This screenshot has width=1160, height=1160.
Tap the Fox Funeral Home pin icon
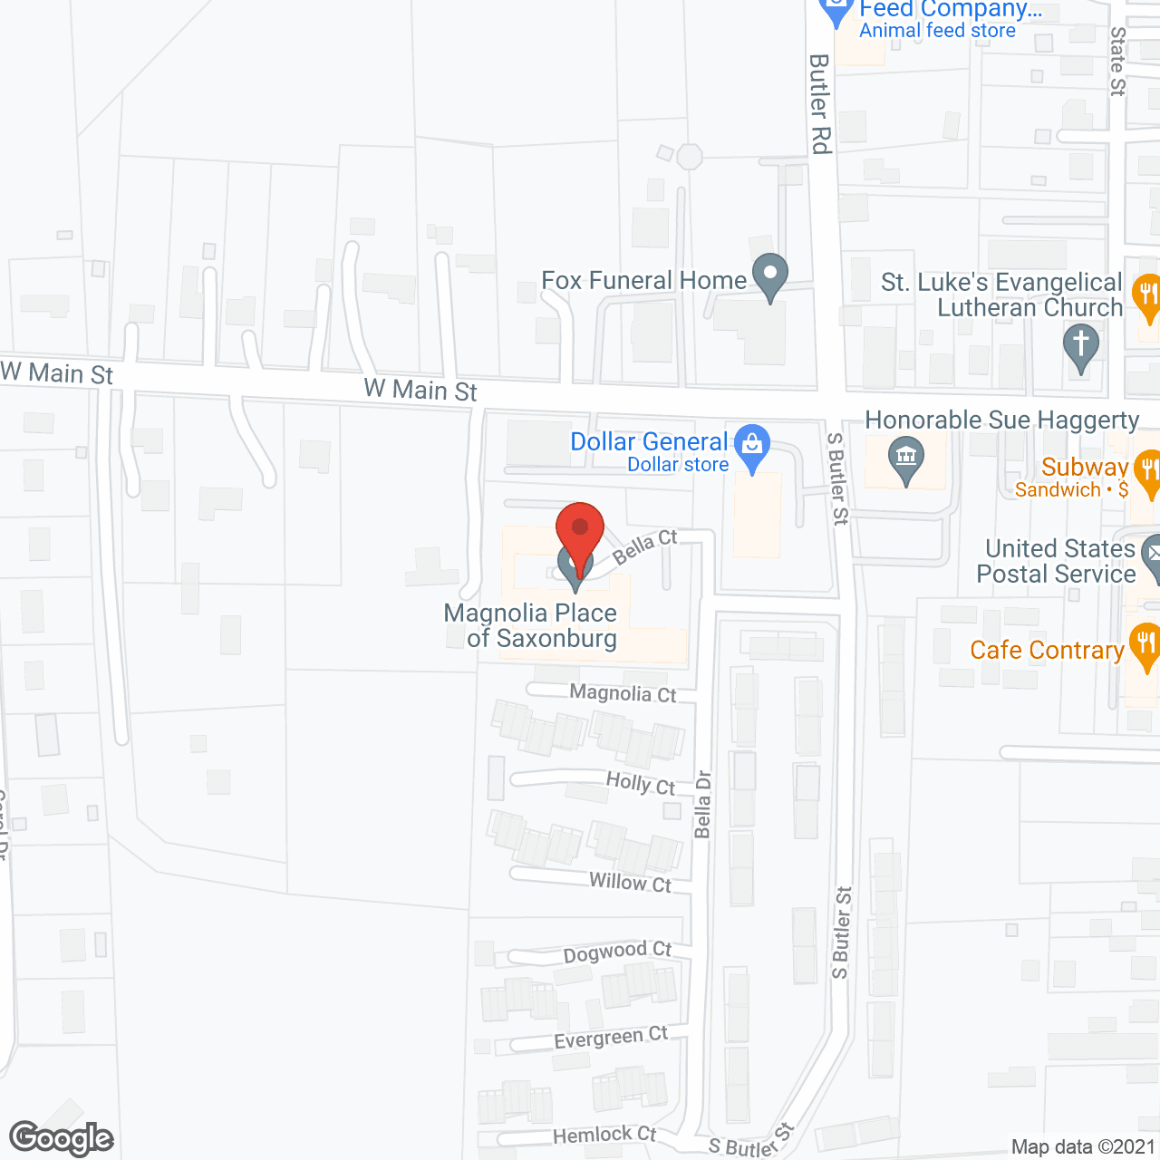(x=770, y=275)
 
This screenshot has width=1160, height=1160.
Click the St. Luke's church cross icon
(x=1080, y=346)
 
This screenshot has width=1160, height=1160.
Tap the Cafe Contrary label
(x=1047, y=651)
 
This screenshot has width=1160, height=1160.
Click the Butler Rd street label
(x=820, y=103)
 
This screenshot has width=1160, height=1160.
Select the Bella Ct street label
(x=645, y=547)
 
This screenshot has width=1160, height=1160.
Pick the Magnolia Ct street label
(x=623, y=693)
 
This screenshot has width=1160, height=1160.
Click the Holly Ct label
(x=641, y=784)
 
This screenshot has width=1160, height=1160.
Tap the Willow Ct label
(x=630, y=882)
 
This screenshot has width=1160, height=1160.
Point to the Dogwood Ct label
(x=617, y=952)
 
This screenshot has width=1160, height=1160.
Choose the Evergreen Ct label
(x=611, y=1038)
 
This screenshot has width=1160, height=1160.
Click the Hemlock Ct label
(x=604, y=1135)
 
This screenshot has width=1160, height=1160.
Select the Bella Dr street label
(x=703, y=805)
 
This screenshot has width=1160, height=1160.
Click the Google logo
(x=62, y=1138)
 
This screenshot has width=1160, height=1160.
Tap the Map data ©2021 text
(x=1083, y=1147)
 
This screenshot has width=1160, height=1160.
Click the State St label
(x=1118, y=61)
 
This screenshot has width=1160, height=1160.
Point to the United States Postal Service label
(x=1057, y=561)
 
